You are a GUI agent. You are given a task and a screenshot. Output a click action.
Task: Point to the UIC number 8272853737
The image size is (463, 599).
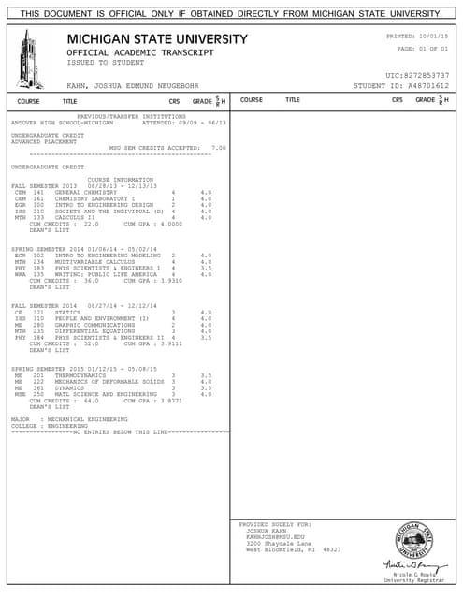427,75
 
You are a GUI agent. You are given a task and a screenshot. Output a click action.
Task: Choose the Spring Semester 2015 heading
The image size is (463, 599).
48,369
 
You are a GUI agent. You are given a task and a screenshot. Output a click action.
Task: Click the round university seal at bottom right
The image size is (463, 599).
418,540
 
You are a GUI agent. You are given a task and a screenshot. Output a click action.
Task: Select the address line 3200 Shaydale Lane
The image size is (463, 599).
278,543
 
